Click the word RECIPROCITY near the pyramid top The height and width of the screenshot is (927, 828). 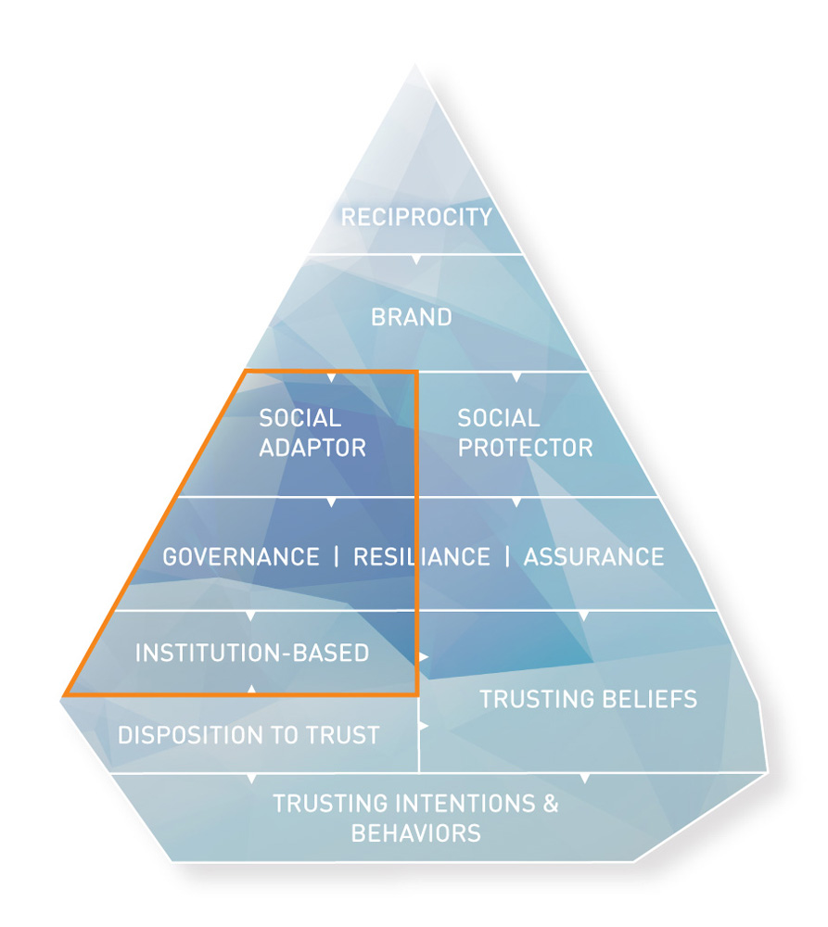(416, 218)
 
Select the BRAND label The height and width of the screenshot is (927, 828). (412, 317)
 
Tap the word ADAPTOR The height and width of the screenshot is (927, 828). (312, 448)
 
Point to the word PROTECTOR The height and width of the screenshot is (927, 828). (525, 448)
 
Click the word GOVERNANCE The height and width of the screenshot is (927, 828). (241, 557)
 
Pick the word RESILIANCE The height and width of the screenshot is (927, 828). (422, 557)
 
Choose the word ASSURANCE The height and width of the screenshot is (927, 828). (593, 557)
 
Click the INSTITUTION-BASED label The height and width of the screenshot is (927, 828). (252, 653)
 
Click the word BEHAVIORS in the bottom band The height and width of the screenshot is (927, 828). (415, 832)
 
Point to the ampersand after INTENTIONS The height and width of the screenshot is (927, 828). (551, 803)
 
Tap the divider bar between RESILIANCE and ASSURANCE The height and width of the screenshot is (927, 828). (507, 557)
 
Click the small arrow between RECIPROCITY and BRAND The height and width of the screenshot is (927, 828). (416, 259)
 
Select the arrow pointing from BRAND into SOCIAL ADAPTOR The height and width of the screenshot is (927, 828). (331, 377)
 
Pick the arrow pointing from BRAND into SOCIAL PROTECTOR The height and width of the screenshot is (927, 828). (516, 377)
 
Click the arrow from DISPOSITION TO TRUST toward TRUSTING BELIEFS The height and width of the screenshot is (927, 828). (425, 727)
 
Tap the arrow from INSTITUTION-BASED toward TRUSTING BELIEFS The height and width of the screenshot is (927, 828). (425, 656)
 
